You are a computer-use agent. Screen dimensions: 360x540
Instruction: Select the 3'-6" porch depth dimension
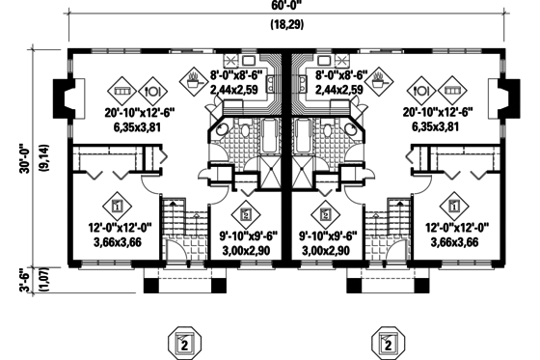[21, 279]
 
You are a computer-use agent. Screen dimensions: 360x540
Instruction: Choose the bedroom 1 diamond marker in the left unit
[117, 205]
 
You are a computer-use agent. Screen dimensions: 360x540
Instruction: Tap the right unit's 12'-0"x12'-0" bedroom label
[457, 228]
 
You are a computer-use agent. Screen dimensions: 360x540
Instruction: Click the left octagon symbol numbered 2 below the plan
[183, 343]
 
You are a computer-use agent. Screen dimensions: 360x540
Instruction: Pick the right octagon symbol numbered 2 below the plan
[388, 343]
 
